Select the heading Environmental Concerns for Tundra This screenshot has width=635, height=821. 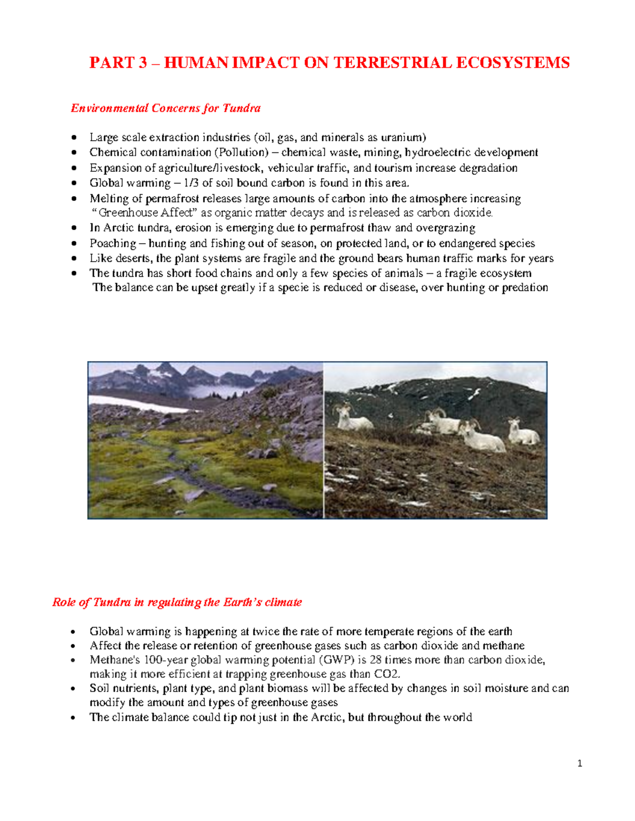166,108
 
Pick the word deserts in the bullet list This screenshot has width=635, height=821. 133,259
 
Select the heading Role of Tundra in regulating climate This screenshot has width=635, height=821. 177,603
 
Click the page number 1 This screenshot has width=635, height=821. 580,763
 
